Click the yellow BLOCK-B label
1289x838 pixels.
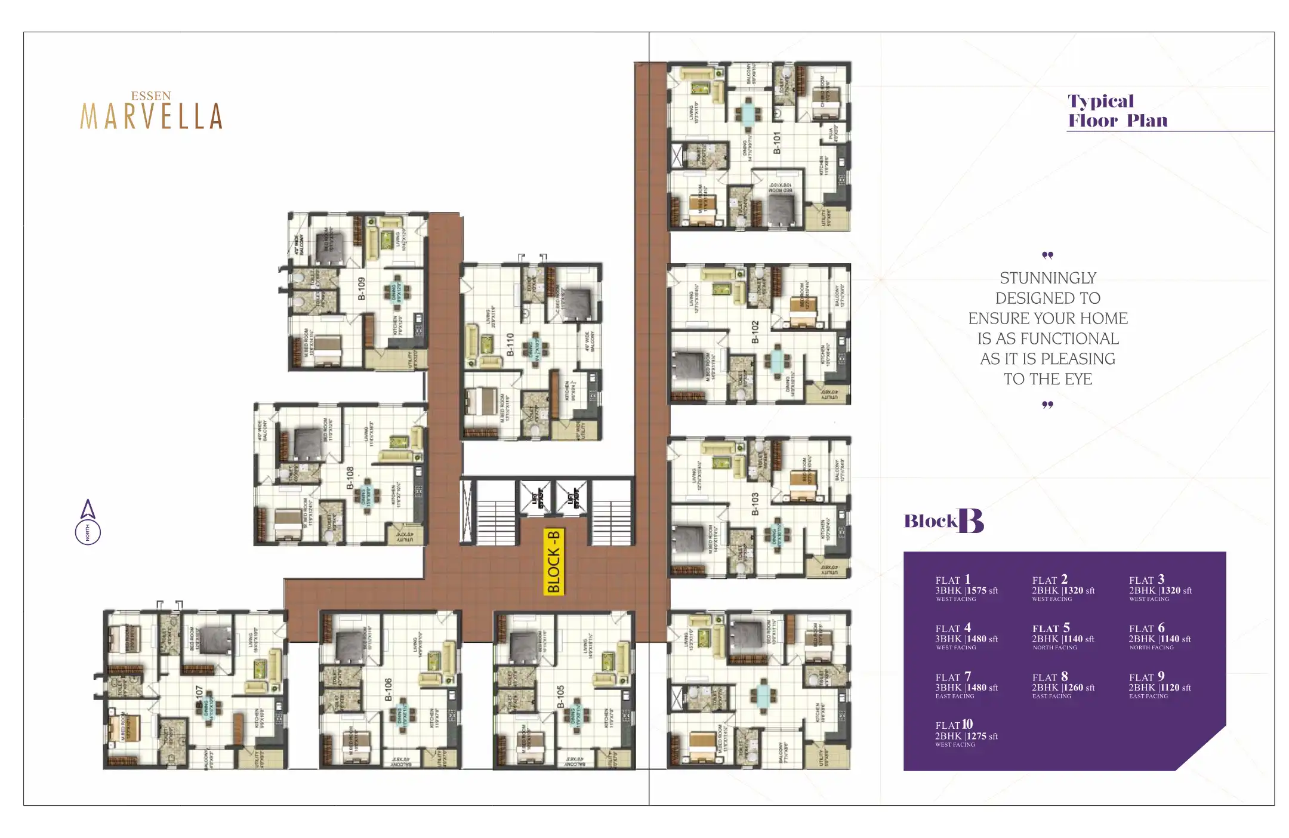coord(553,561)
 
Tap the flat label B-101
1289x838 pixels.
coord(776,143)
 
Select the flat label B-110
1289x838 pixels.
coord(510,344)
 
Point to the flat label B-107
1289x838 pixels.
coord(199,696)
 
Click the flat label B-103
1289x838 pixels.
coord(755,504)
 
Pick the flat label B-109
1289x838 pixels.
coord(361,288)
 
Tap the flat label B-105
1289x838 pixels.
coord(560,696)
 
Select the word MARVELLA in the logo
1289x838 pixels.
coord(152,116)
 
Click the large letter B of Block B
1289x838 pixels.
coord(971,521)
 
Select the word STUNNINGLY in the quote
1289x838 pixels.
coord(1048,278)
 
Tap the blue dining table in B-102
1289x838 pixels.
coord(776,360)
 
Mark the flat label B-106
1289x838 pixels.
coord(388,689)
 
